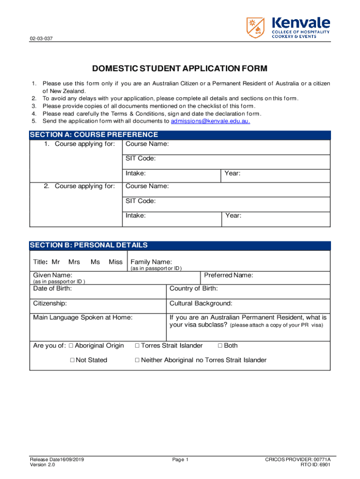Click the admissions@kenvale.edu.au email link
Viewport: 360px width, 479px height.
210,121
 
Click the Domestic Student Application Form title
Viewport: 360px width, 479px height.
180,69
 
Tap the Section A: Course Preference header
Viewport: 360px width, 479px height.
94,135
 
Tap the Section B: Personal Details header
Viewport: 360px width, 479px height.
89,245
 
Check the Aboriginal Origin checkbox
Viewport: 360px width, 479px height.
71,346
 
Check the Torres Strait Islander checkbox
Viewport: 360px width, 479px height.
137,346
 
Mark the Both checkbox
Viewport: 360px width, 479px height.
220,346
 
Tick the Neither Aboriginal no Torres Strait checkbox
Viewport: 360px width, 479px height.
137,360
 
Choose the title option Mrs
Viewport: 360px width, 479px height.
74,262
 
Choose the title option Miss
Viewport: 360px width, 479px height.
115,262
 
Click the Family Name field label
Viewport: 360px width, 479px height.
151,262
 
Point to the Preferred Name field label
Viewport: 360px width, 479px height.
229,275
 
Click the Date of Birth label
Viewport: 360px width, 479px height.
52,289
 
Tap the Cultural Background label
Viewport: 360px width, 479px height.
201,303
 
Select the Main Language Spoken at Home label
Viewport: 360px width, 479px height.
83,317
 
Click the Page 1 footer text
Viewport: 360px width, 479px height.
180,459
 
